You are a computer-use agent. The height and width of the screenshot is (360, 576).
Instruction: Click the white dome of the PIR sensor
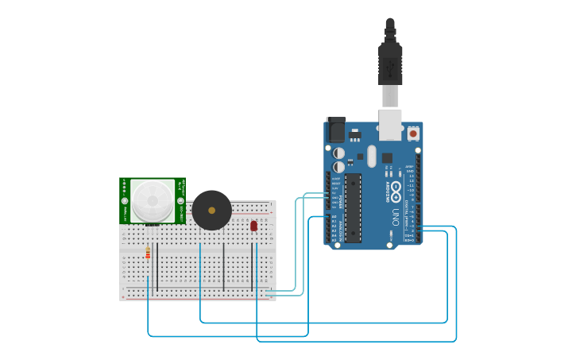pyautogui.click(x=153, y=200)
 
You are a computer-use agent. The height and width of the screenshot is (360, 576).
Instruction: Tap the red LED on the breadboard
pyautogui.click(x=253, y=226)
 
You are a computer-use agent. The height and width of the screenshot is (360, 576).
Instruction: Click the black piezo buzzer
pyautogui.click(x=212, y=210)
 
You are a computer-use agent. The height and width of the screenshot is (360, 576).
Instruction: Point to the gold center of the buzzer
pyautogui.click(x=212, y=210)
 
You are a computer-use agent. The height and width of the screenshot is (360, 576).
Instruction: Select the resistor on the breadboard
pyautogui.click(x=148, y=253)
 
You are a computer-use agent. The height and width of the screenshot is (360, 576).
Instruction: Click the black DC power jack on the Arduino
pyautogui.click(x=337, y=129)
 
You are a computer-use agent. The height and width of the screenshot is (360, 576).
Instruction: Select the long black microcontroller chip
pyautogui.click(x=353, y=207)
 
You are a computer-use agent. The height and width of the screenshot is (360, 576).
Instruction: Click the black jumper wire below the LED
pyautogui.click(x=253, y=266)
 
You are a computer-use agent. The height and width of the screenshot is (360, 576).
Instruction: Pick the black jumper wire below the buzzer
pyautogui.click(x=224, y=266)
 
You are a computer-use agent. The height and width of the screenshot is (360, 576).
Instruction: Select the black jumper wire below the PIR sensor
pyautogui.click(x=157, y=266)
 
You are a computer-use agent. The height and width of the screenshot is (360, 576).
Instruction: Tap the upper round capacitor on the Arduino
pyautogui.click(x=339, y=152)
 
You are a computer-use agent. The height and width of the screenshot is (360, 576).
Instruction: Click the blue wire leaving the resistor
pyautogui.click(x=149, y=310)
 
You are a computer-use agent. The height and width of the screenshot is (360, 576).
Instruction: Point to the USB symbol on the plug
pyautogui.click(x=390, y=70)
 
